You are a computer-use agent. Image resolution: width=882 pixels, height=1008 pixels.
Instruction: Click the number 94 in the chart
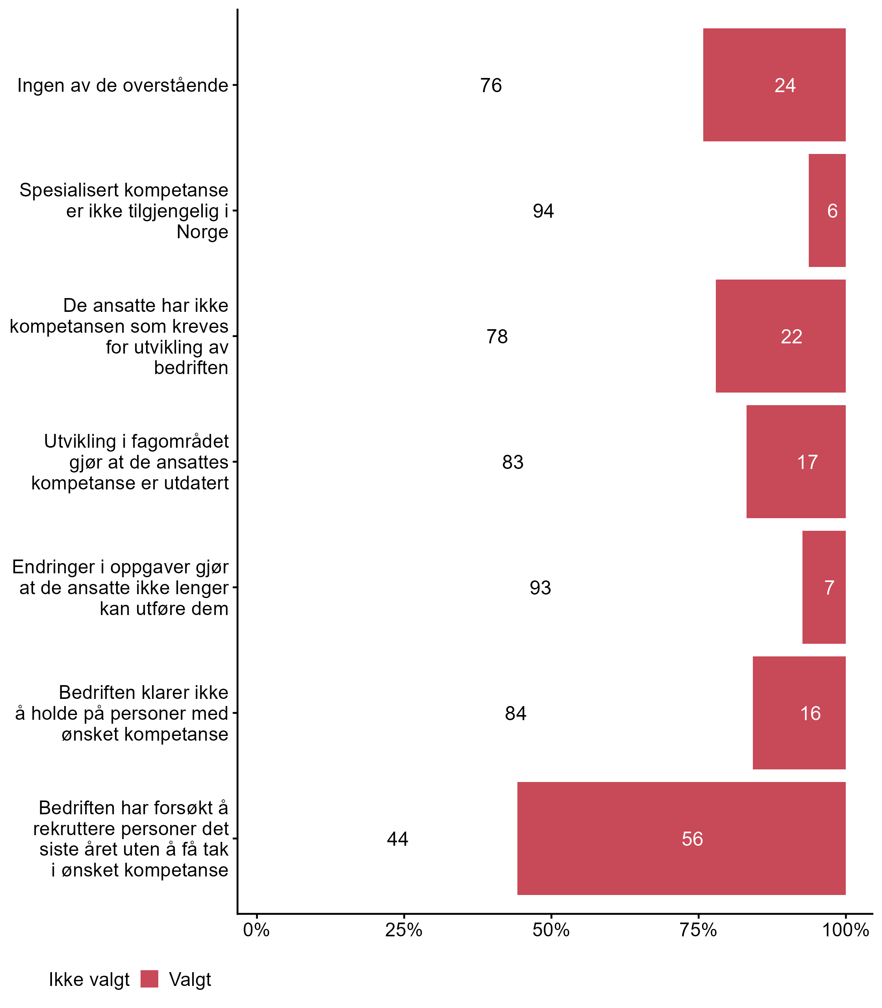pyautogui.click(x=543, y=211)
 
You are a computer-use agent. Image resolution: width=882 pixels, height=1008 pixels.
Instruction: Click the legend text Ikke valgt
pyautogui.click(x=89, y=980)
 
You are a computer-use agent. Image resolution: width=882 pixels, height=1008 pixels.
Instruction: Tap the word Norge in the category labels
pyautogui.click(x=202, y=232)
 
